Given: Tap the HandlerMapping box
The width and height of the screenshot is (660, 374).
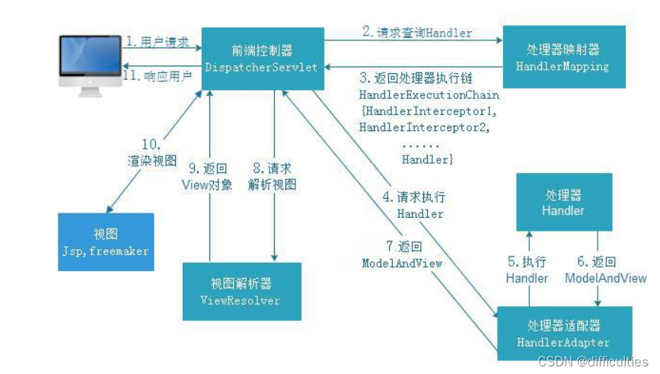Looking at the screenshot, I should [563, 58].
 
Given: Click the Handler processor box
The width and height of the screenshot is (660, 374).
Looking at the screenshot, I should [563, 202].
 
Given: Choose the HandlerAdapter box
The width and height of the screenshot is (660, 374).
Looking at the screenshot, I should [563, 333].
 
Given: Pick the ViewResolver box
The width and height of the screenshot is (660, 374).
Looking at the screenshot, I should [241, 292].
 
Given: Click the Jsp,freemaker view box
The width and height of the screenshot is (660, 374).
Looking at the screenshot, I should [106, 242].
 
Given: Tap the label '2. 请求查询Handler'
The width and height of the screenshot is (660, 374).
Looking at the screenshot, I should [416, 32].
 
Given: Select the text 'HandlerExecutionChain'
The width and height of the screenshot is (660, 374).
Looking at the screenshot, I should [429, 95].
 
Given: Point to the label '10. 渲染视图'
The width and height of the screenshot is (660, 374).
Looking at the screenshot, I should [152, 152].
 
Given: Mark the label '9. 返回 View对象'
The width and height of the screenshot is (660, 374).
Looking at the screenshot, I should [207, 176].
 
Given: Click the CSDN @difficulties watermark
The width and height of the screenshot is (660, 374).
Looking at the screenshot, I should [592, 362].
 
